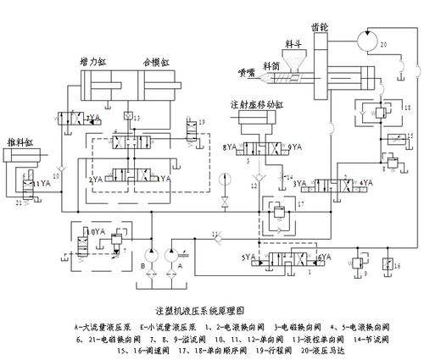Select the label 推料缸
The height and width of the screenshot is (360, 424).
pyautogui.click(x=20, y=141)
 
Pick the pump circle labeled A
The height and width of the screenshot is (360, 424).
pyautogui.click(x=177, y=253)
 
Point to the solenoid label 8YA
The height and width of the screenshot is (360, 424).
pyautogui.click(x=230, y=147)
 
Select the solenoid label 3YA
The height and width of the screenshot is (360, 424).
pyautogui.click(x=299, y=182)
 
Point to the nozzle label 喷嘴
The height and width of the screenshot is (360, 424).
pyautogui.click(x=246, y=74)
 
